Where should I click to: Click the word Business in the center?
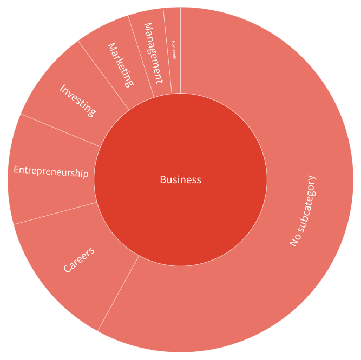tap(180, 179)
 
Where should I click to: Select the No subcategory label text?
tap(302, 211)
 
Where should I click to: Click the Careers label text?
tap(79, 259)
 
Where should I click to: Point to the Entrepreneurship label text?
tap(51, 172)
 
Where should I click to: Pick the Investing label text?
tap(78, 100)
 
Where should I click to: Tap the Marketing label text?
tap(120, 65)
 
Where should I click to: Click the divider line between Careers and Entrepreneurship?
tap(54, 214)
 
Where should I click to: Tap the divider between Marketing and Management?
tap(141, 56)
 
